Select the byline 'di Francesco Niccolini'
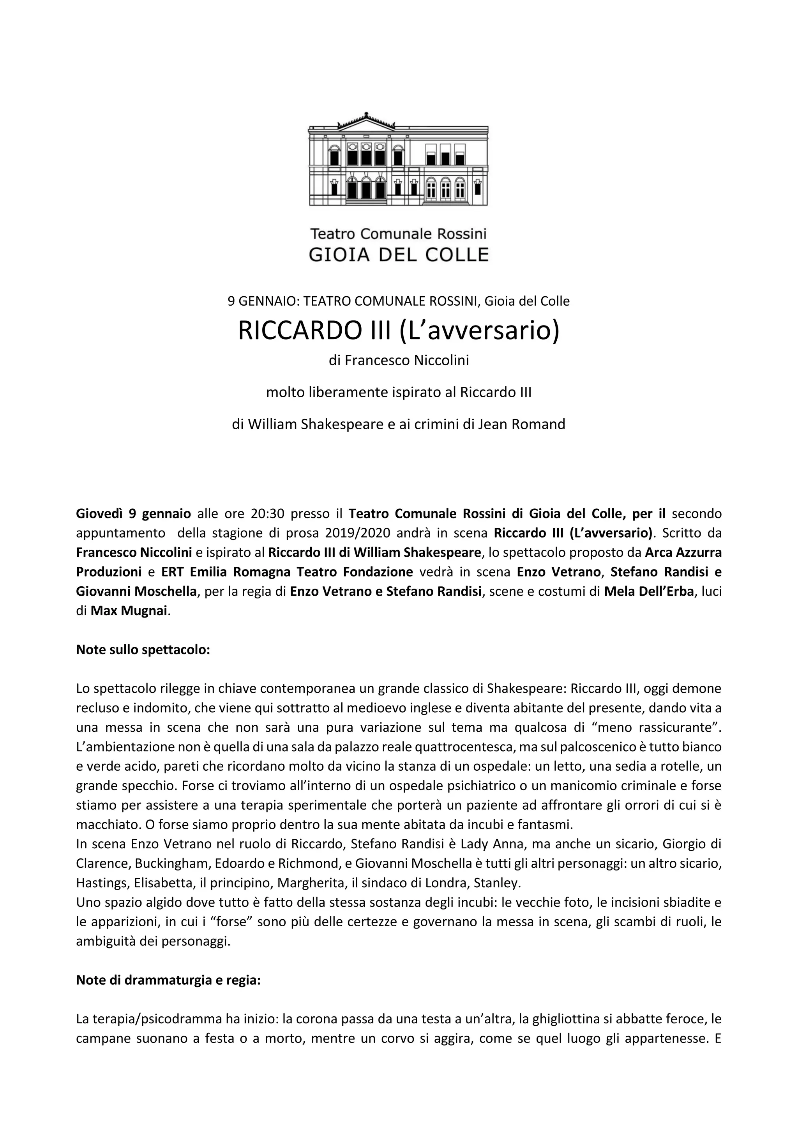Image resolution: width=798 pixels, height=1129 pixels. click(x=399, y=361)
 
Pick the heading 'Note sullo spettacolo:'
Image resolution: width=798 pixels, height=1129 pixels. click(x=143, y=649)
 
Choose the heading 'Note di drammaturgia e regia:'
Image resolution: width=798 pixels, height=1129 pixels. click(x=168, y=980)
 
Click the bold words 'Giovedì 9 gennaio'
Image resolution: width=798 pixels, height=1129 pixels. click(x=134, y=514)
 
